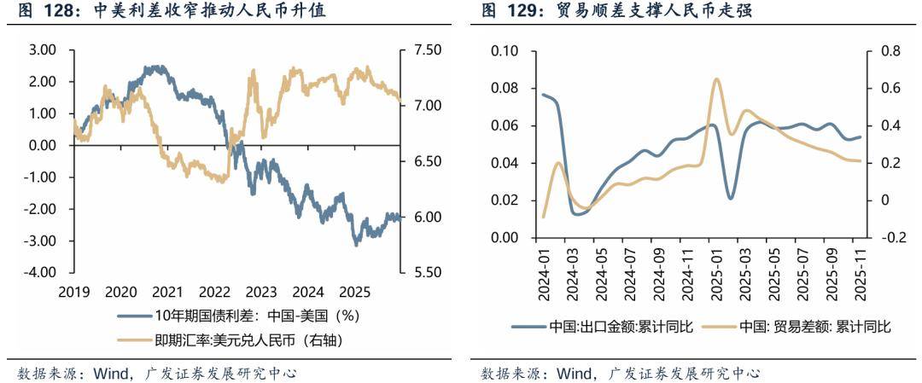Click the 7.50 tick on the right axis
pos(427,50)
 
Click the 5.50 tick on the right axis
pos(427,273)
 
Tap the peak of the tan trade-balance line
pos(715,78)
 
